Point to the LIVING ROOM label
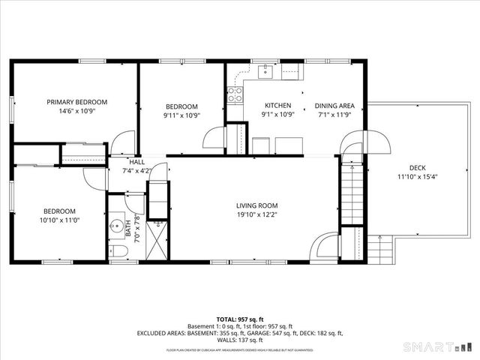257,205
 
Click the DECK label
418,168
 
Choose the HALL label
136,162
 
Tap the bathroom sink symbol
117,223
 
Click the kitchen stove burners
234,94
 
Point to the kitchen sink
265,72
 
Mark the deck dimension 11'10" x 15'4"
418,177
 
